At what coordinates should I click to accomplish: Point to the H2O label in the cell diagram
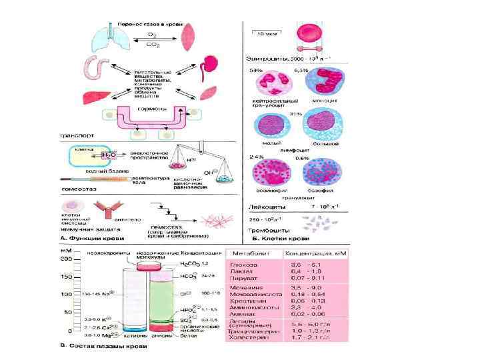click(108, 154)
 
